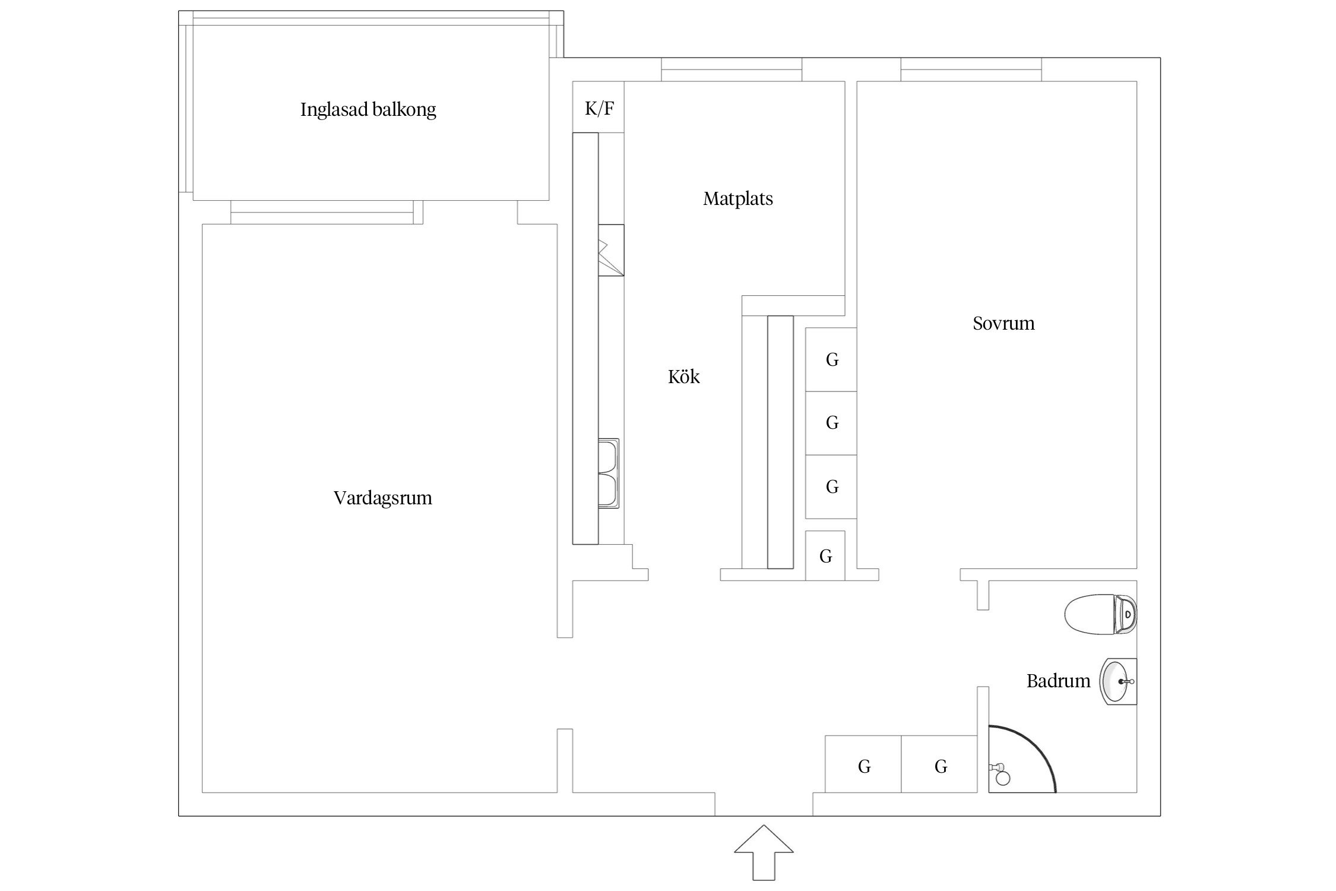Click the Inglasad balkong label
368,110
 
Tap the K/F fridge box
599,108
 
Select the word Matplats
738,199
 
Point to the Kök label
683,377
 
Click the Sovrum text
1003,324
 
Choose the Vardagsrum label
383,498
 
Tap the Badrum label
1058,681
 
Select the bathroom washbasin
1116,681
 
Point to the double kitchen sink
608,473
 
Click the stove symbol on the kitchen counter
611,250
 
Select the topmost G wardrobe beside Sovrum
831,359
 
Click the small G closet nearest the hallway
825,556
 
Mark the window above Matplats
732,69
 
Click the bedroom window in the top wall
971,69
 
